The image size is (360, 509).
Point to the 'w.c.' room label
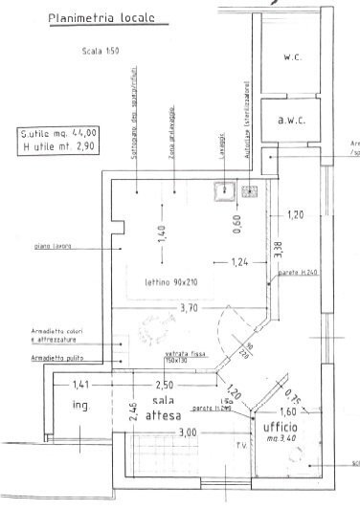point(293,57)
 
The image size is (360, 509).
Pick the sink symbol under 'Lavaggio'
point(226,190)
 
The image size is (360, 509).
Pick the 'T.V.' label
point(241,444)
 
